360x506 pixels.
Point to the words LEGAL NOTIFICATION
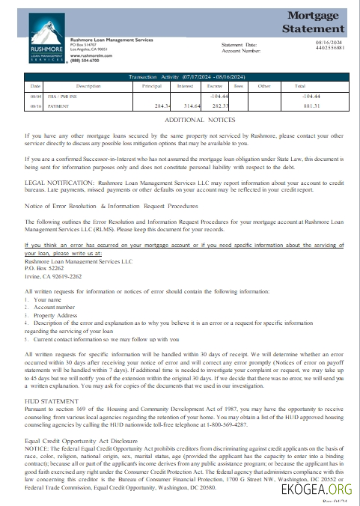[x=60, y=182]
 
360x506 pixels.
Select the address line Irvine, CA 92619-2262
[x=54, y=276]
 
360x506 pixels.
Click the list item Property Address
[x=55, y=315]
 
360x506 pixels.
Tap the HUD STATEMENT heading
[x=51, y=401]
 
